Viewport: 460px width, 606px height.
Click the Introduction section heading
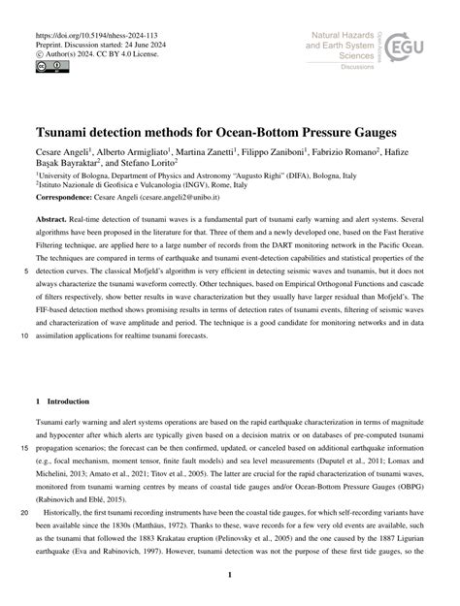coord(78,373)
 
